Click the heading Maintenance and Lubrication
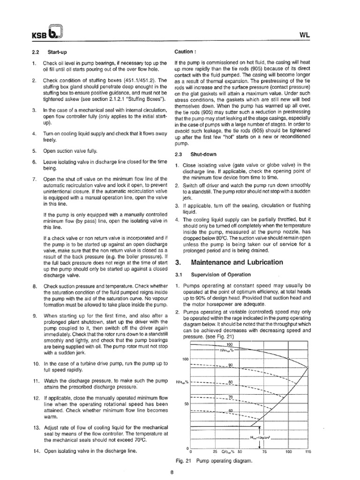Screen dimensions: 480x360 click(x=233, y=262)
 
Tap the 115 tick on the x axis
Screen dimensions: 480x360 click(x=308, y=452)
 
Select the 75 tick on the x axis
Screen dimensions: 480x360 click(x=264, y=452)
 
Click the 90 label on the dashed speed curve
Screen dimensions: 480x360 click(x=230, y=365)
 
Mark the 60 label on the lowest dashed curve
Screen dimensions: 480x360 click(x=230, y=411)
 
